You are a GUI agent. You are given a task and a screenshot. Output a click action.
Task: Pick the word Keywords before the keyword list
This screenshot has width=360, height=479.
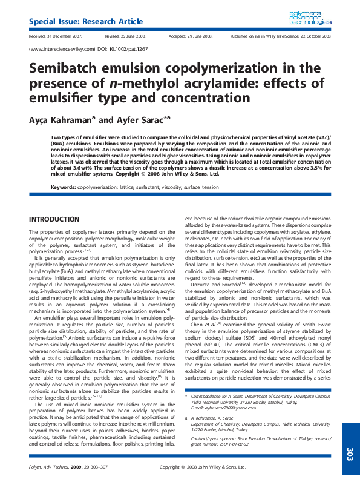tap(63, 187)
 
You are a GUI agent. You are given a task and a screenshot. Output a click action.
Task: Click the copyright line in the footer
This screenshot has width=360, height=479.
tap(203, 467)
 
